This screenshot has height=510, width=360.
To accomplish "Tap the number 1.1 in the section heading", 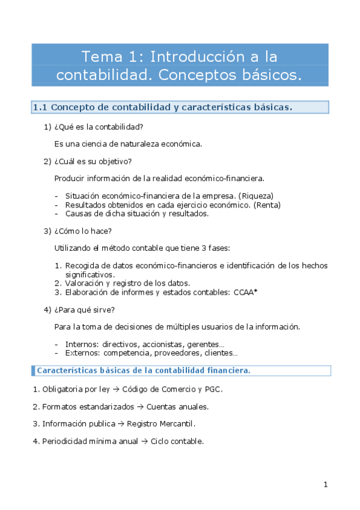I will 40,108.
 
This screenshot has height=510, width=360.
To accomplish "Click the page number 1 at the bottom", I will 325,485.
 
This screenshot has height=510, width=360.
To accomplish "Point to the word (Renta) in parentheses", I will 267,204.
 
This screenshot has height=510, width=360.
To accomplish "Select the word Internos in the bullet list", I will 82,345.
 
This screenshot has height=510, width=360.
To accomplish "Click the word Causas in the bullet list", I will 79,213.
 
